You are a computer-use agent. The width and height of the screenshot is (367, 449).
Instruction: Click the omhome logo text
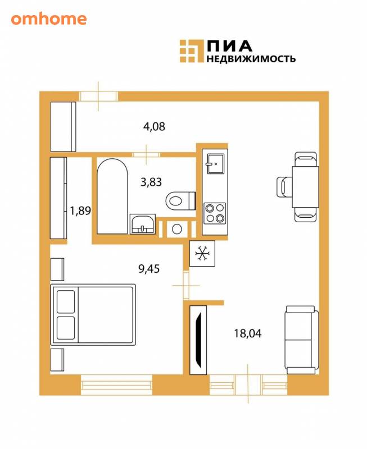tap(49, 19)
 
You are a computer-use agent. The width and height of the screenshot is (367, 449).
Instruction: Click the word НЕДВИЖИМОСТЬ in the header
tap(251, 59)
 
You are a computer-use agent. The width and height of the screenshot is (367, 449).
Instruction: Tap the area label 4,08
tap(154, 126)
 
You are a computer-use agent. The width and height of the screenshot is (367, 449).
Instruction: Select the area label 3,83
tap(151, 182)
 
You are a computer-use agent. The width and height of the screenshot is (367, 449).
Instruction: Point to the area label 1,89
tap(80, 211)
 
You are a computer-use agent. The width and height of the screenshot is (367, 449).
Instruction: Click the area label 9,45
tap(149, 269)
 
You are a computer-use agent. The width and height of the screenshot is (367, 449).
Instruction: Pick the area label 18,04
tap(248, 333)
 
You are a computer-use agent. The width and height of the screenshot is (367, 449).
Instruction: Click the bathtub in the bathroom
tap(112, 196)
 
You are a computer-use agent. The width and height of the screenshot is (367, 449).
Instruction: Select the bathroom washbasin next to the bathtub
tap(143, 224)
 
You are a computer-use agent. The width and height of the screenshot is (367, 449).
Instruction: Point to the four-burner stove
tap(215, 213)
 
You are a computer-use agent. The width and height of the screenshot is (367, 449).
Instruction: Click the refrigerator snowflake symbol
tap(202, 254)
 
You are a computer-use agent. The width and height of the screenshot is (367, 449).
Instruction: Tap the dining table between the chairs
tap(305, 187)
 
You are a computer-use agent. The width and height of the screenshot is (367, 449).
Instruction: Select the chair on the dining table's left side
tap(284, 187)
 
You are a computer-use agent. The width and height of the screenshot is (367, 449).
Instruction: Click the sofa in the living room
tap(302, 340)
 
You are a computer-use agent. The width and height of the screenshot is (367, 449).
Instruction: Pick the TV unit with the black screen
tap(198, 340)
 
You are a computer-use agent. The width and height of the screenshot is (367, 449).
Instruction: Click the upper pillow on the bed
tap(66, 302)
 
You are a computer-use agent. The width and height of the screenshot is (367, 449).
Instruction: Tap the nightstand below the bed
tap(57, 360)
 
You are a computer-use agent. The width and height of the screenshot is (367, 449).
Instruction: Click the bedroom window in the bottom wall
tap(116, 385)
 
